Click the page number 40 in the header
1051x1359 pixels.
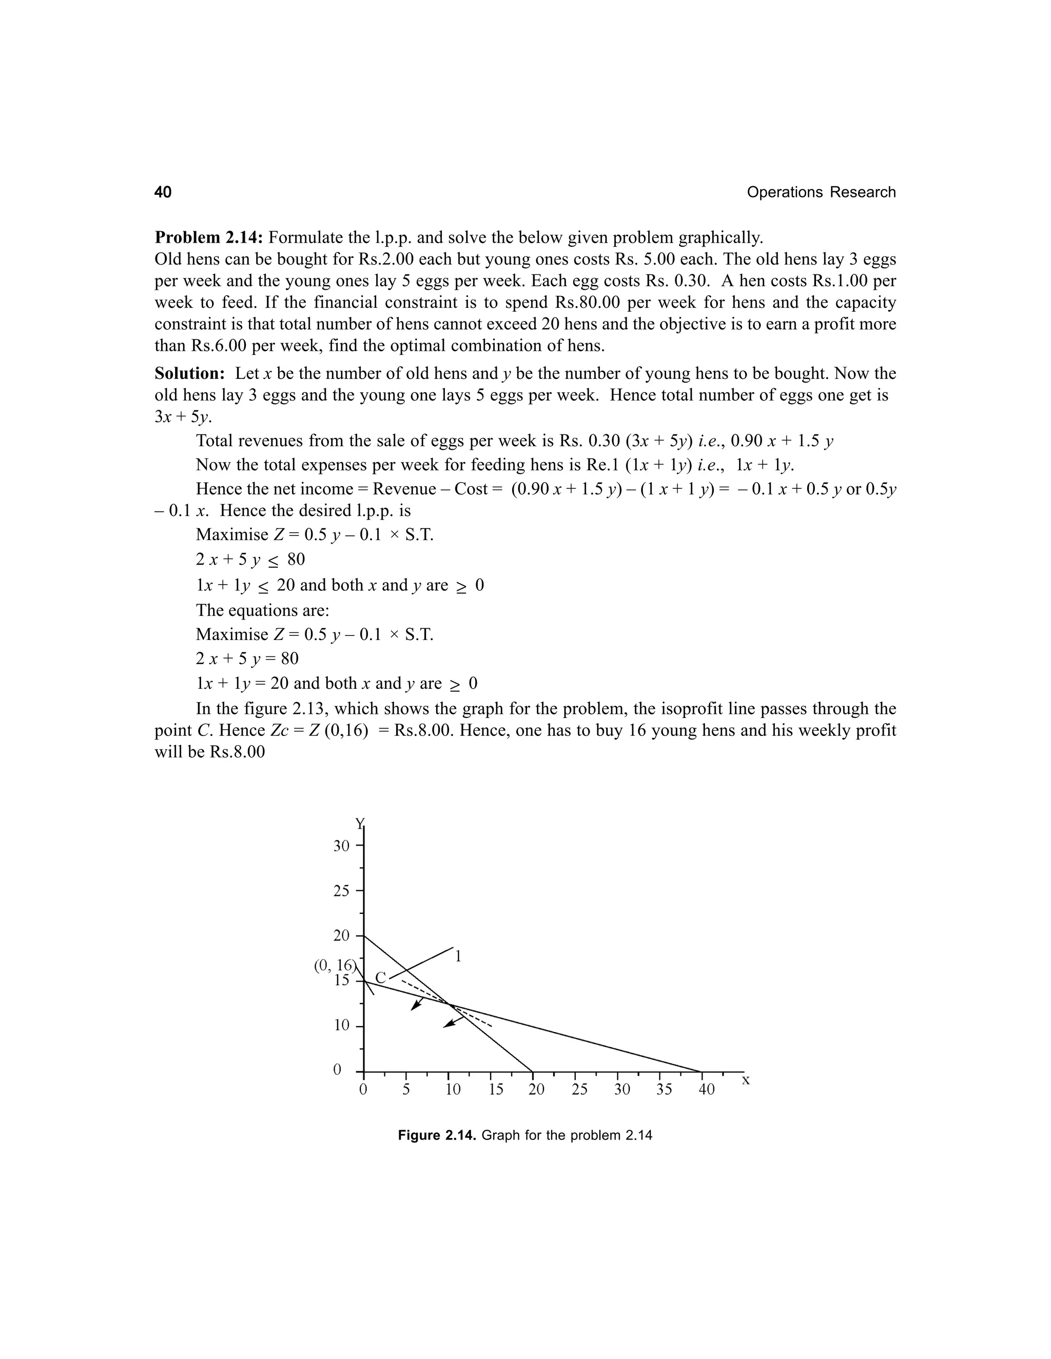point(163,192)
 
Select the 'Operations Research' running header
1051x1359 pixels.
point(821,192)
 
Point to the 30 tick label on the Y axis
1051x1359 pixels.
point(341,846)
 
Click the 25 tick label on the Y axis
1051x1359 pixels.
point(341,891)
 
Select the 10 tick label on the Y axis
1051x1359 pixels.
point(341,1025)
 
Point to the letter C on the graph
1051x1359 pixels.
point(380,977)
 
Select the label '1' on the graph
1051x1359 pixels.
point(458,956)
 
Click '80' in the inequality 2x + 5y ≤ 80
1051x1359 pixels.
point(296,559)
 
